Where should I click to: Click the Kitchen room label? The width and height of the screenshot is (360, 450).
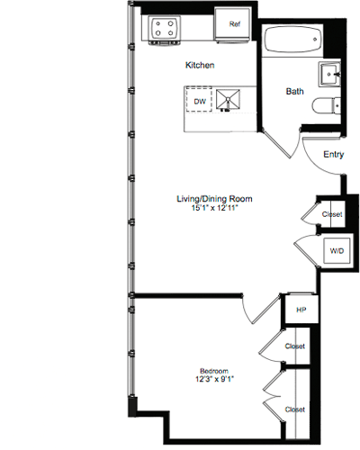pos(200,65)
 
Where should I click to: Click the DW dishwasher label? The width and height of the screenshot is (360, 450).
pos(200,102)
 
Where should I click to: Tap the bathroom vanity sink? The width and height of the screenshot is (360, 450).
pos(328,72)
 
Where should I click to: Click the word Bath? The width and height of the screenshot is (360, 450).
pos(295,91)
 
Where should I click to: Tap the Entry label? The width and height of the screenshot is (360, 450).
pos(332,155)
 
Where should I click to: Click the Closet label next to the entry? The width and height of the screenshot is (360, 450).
pos(330,214)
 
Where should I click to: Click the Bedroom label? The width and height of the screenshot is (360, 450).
pos(213,371)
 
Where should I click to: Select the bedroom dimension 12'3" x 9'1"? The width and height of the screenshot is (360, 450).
pos(213,381)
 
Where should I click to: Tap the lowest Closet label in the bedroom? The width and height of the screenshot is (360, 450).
pos(294,409)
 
